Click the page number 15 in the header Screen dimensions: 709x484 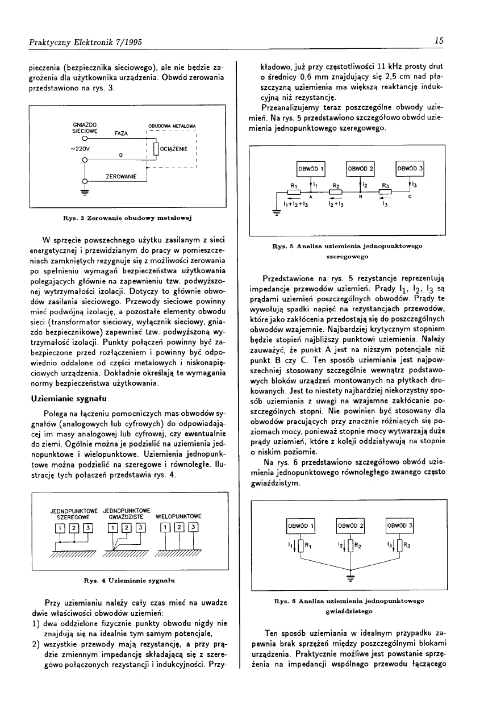click(x=438, y=40)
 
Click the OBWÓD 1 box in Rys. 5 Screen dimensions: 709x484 click(x=310, y=169)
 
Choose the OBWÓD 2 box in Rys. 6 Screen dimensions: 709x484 click(x=350, y=526)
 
